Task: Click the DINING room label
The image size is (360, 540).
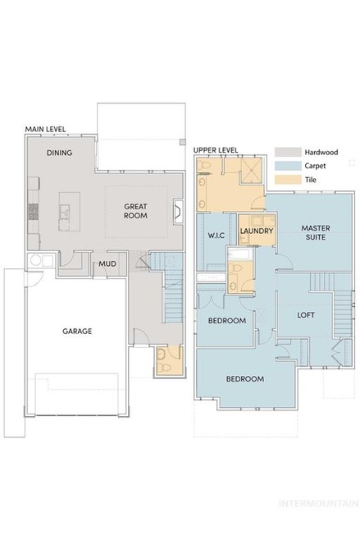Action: coord(60,153)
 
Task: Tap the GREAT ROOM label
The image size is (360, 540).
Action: coord(135,211)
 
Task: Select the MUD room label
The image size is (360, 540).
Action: coord(107,263)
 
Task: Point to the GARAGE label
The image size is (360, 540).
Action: coord(77,331)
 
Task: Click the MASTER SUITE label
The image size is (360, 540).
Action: coord(316,232)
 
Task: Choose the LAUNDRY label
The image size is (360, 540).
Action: coord(257,231)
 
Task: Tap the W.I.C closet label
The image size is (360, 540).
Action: coord(216,236)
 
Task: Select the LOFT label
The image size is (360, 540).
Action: coord(306,315)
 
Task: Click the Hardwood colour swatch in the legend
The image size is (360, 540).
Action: coord(288,152)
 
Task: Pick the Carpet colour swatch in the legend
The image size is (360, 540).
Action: coord(288,166)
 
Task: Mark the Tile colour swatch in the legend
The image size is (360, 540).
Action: coord(288,180)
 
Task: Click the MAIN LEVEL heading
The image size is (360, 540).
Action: coord(45,130)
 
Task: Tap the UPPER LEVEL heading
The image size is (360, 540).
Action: coord(216,150)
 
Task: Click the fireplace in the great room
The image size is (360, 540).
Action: coord(178,212)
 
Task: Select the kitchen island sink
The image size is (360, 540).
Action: coord(64,211)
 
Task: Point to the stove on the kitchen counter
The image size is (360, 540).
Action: coord(34,211)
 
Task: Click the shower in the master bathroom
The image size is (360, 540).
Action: coord(252,169)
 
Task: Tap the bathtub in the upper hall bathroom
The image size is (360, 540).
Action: coord(240,255)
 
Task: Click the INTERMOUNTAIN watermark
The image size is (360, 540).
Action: coord(319,504)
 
